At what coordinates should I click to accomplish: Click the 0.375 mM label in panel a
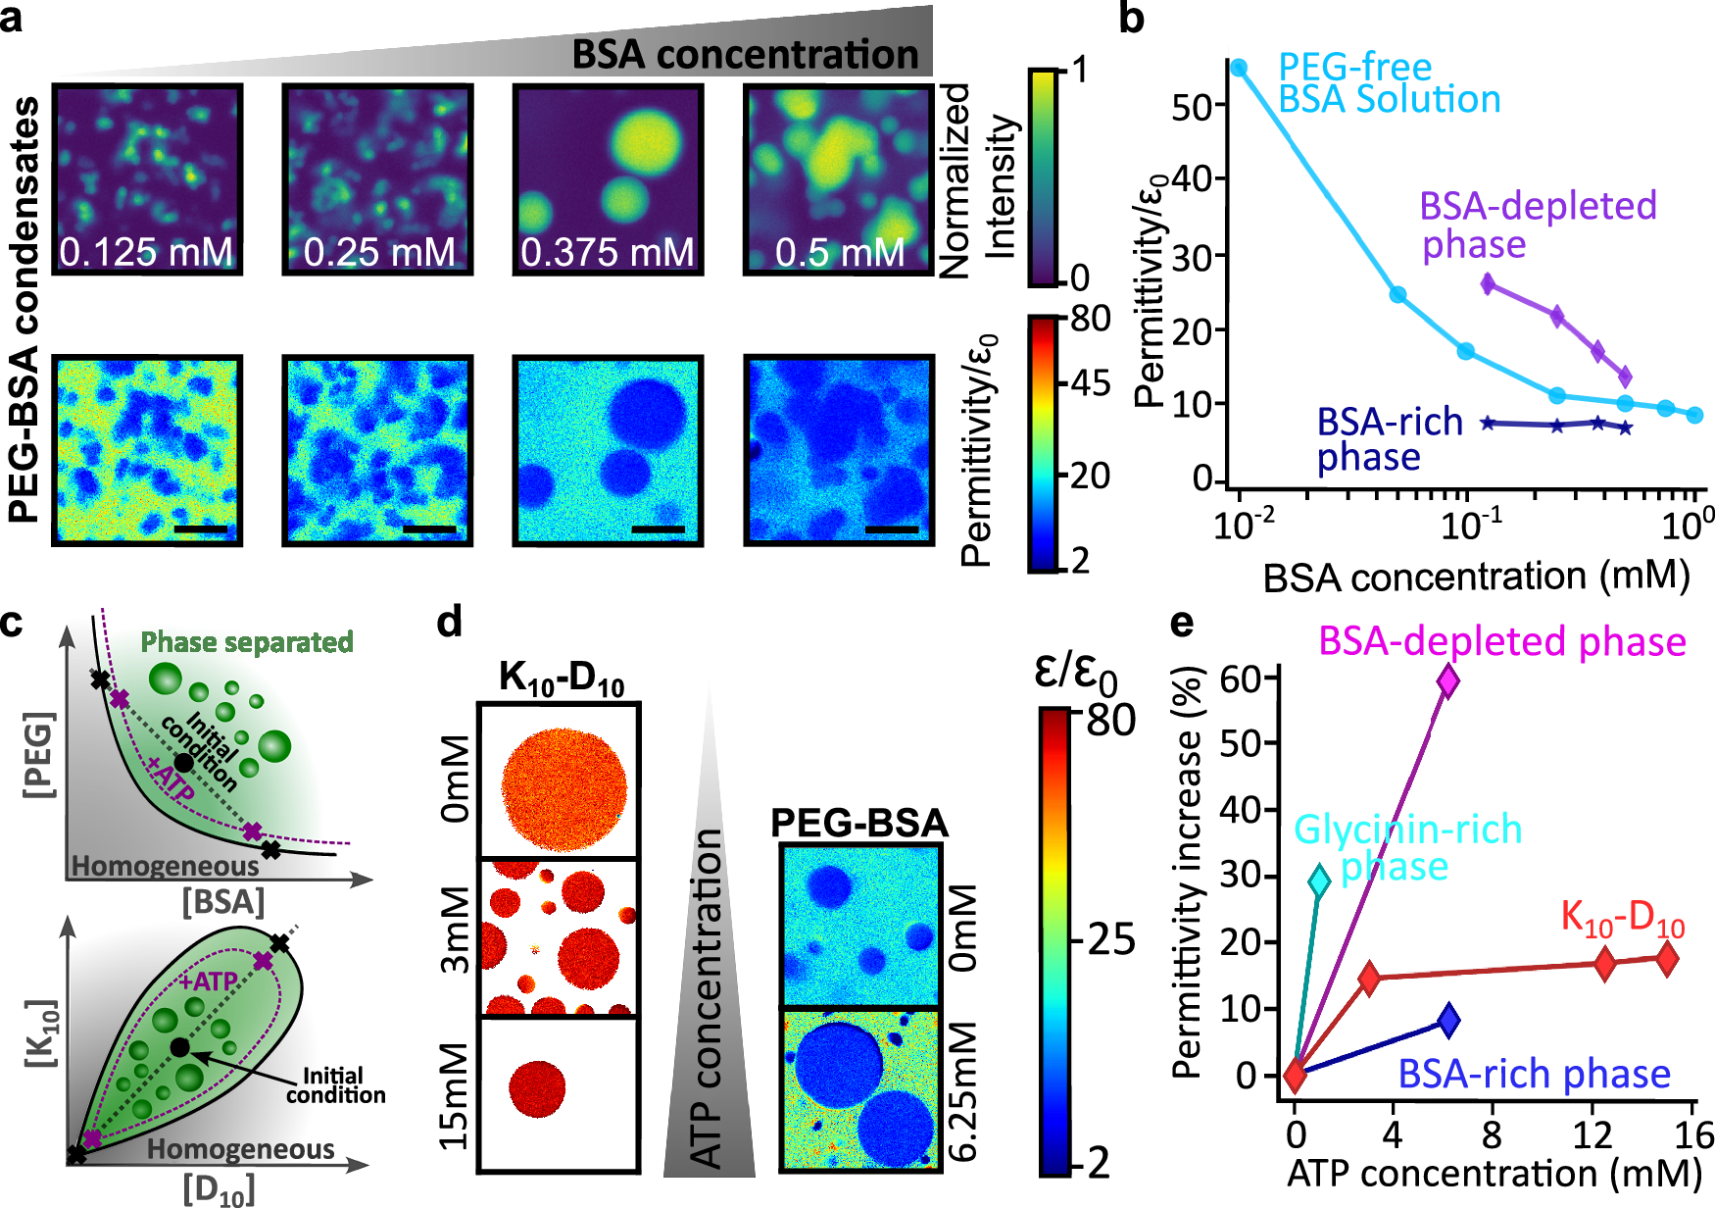point(607,253)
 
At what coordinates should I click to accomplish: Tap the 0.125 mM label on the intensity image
point(147,253)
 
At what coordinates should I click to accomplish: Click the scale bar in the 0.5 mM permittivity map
point(892,529)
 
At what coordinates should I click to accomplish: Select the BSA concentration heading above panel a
point(745,55)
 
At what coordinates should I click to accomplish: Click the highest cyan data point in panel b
point(1239,68)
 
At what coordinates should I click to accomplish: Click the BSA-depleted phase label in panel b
point(1537,225)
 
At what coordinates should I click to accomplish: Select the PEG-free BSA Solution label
point(1389,83)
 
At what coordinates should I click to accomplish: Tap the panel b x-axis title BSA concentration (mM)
point(1476,577)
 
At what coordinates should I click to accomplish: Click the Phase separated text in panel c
point(247,642)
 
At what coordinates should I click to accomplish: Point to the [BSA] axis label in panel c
point(223,901)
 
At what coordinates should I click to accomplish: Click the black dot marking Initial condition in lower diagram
point(180,1047)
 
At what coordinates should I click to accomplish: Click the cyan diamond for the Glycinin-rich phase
point(1320,881)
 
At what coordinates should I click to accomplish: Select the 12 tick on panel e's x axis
point(1592,1135)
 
